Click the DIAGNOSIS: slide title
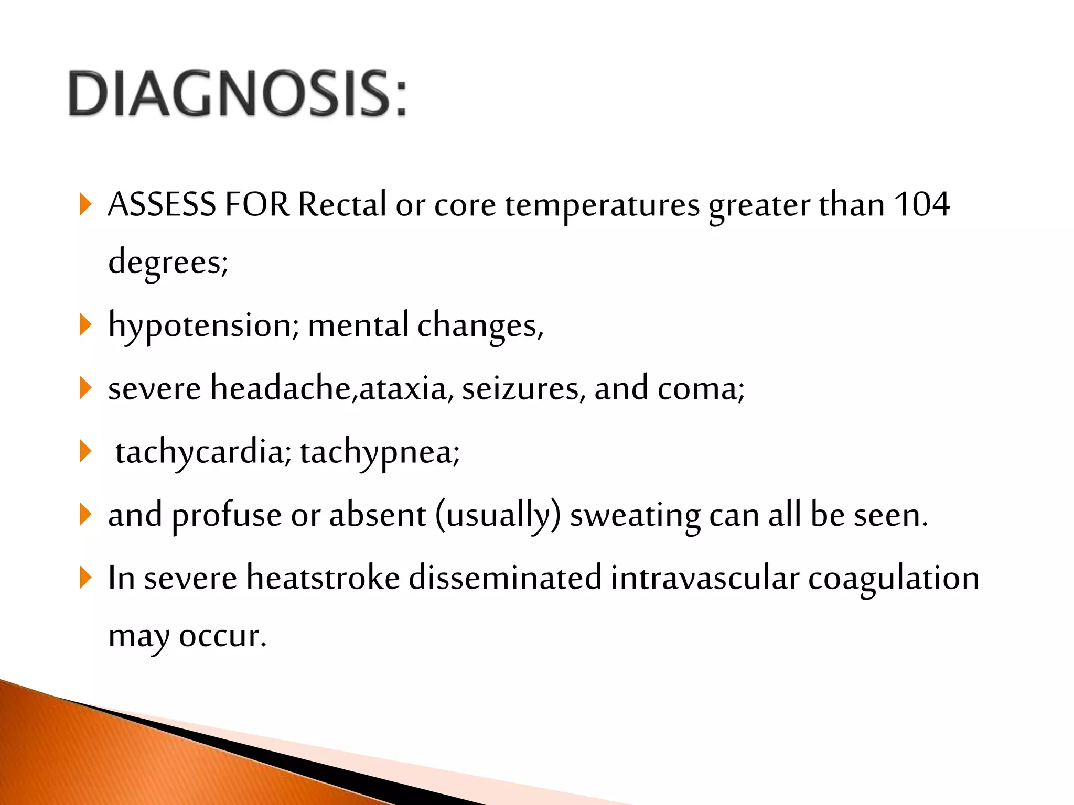tap(237, 94)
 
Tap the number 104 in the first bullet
tap(921, 204)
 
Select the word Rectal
tap(342, 204)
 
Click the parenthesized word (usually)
tap(498, 515)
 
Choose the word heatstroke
tap(323, 578)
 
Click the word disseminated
tap(504, 578)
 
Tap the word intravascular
tap(705, 578)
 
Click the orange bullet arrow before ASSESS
tap(85, 204)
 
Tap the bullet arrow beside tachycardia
tap(85, 452)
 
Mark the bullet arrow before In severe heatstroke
tap(85, 578)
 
